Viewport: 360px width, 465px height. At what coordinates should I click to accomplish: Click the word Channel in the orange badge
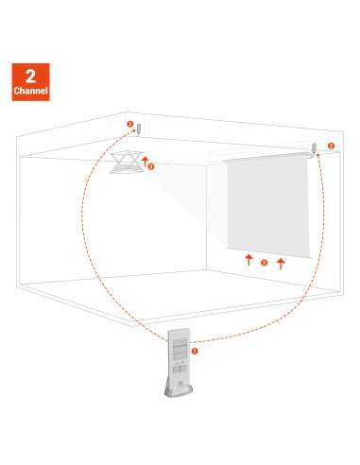tap(30, 91)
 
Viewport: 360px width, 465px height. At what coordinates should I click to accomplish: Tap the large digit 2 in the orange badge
tap(30, 77)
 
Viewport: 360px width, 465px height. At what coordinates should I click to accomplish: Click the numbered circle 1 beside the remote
tap(195, 351)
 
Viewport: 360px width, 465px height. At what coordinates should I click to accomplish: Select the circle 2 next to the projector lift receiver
tap(130, 124)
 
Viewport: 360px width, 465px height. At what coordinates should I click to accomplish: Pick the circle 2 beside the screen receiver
tap(331, 146)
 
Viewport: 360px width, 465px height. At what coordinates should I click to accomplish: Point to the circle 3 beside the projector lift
tap(151, 166)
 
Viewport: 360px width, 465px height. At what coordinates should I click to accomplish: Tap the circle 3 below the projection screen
tap(265, 263)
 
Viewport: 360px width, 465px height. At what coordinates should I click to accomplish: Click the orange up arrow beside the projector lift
tap(145, 162)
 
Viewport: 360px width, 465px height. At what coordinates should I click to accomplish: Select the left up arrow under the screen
tap(249, 260)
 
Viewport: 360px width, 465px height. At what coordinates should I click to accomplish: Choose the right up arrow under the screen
tap(281, 264)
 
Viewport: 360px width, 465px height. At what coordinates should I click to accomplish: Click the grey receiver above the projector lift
tap(139, 129)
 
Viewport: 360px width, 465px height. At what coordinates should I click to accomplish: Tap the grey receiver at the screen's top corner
tap(314, 148)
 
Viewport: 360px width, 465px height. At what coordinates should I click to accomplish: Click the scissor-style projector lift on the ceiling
tap(127, 162)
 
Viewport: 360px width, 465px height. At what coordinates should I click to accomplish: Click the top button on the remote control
tap(180, 342)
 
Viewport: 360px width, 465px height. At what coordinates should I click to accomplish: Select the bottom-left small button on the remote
tap(176, 370)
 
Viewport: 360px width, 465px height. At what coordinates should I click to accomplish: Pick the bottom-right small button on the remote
tap(183, 369)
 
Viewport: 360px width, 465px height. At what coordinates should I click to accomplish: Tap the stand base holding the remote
tap(179, 390)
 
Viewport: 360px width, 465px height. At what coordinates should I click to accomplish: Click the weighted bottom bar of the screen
tap(269, 253)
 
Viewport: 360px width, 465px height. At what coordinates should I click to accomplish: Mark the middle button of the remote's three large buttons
tap(180, 349)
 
